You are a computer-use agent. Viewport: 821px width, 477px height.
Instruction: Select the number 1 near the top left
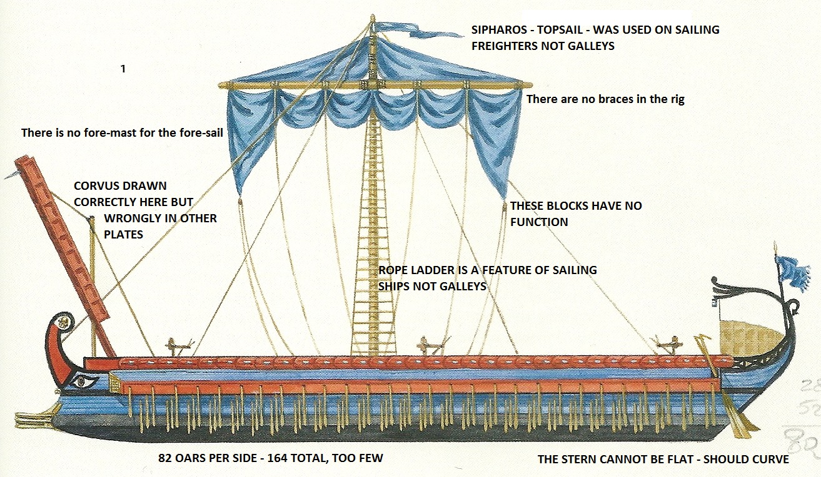click(x=123, y=69)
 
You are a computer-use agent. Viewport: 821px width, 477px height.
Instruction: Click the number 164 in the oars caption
click(x=280, y=458)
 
